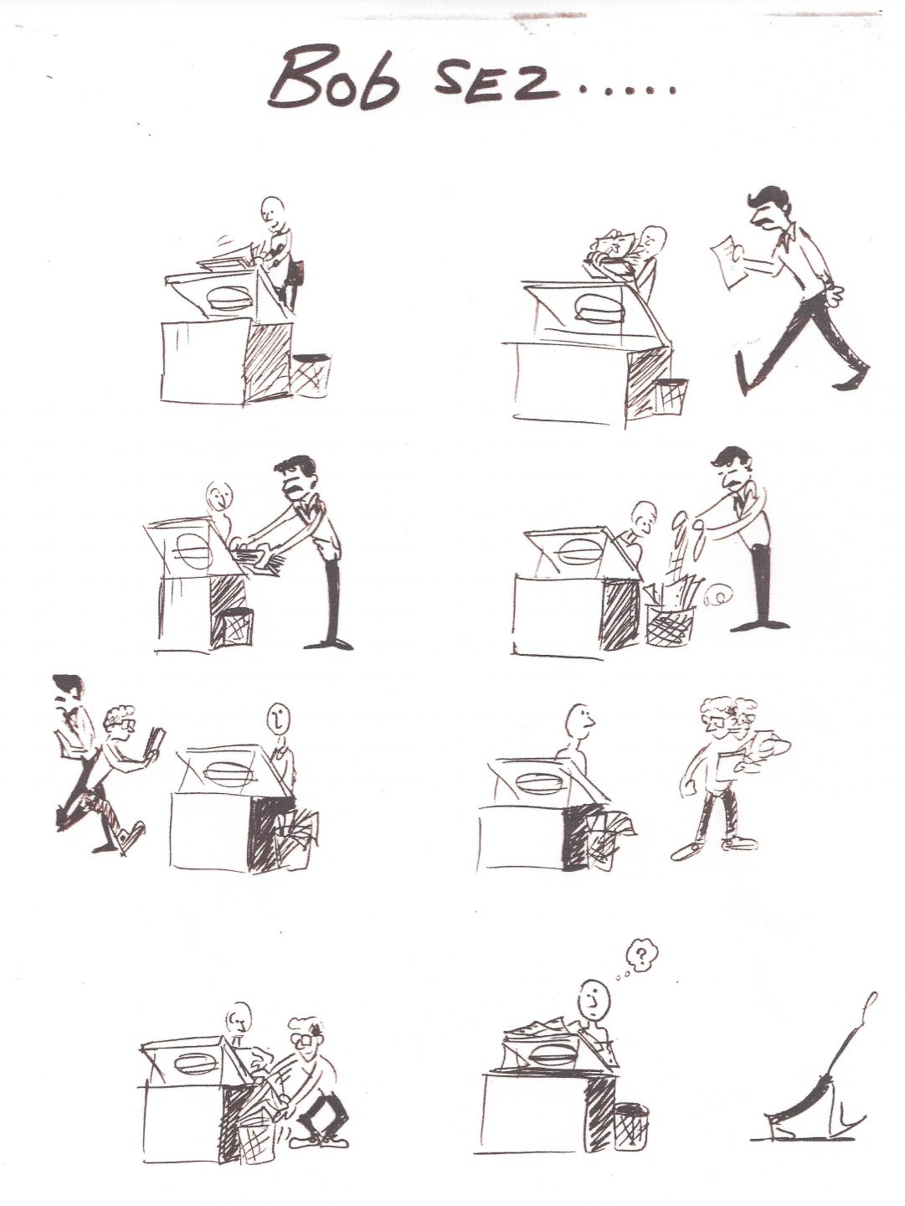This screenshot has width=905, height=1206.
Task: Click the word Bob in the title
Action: pos(335,81)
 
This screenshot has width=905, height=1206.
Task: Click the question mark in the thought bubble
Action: pos(642,954)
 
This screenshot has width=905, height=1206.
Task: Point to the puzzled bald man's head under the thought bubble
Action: pos(593,997)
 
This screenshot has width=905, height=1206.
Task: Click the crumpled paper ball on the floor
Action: pos(717,597)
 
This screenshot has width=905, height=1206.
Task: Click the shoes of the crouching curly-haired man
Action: pos(322,1139)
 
